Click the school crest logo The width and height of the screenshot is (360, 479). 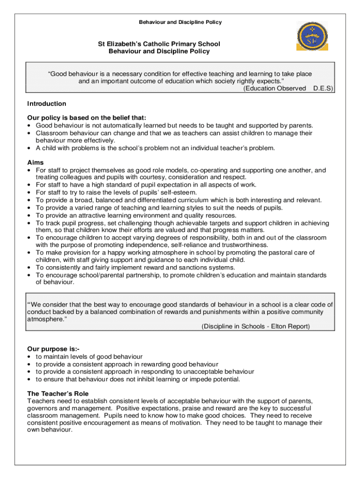click(x=312, y=36)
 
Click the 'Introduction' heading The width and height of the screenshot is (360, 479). click(x=47, y=104)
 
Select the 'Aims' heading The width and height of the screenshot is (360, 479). click(x=36, y=163)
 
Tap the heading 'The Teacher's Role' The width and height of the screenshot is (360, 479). click(x=58, y=394)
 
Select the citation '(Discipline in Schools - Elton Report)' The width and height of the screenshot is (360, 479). click(x=256, y=327)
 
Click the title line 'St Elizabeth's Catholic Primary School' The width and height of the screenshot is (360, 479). click(x=159, y=44)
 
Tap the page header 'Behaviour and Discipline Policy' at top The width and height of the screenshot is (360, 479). click(x=180, y=22)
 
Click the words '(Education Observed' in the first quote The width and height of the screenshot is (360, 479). click(x=274, y=88)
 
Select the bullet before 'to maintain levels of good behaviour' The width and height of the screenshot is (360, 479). click(x=30, y=357)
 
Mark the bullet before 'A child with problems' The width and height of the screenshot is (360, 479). click(x=30, y=148)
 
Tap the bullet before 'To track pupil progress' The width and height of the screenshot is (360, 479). click(x=30, y=223)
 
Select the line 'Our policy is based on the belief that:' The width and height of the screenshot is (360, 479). click(x=87, y=118)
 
